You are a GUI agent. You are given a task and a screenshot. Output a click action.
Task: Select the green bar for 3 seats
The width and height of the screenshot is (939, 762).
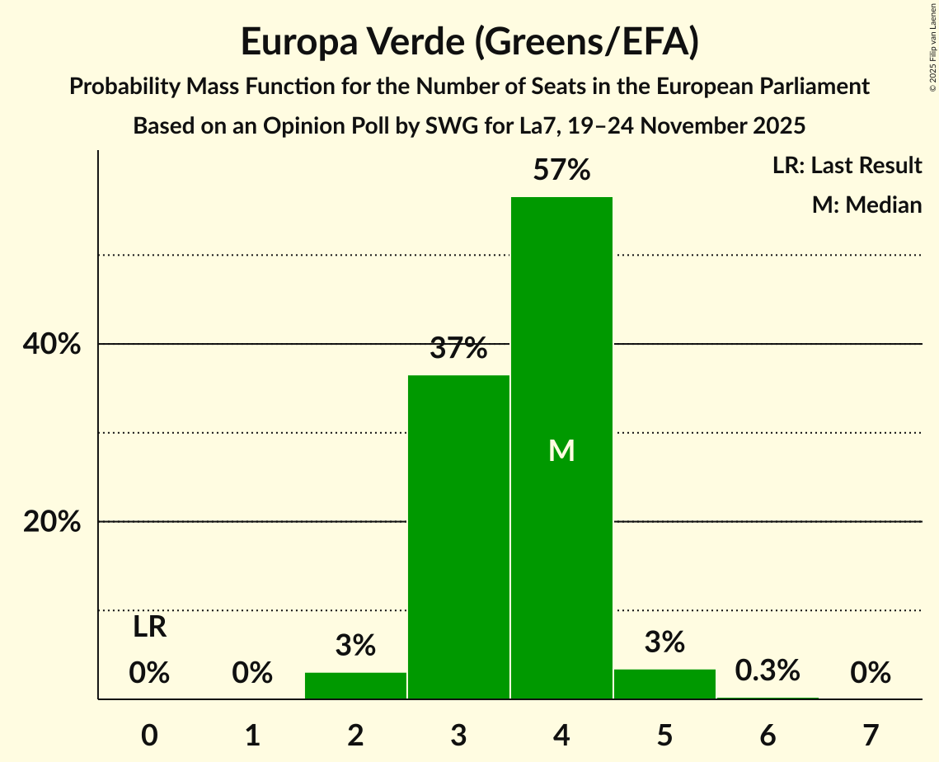(x=458, y=537)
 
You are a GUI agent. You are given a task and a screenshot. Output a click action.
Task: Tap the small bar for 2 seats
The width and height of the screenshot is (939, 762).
(x=355, y=686)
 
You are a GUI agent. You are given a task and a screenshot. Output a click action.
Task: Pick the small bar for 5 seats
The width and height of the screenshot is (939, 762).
(x=664, y=684)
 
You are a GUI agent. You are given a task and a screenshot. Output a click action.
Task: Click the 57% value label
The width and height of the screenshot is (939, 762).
(x=561, y=171)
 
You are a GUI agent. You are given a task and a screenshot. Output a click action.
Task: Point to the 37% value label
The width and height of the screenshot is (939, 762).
(x=458, y=349)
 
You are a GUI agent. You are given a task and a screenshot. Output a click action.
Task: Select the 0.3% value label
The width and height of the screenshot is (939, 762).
(x=768, y=670)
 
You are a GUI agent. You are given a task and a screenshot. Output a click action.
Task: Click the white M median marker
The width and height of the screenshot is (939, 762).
(x=561, y=450)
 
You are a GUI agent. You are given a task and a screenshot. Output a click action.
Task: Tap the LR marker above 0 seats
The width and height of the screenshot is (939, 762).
(x=149, y=628)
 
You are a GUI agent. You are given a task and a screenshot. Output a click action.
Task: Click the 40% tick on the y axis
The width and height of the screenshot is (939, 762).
(x=52, y=345)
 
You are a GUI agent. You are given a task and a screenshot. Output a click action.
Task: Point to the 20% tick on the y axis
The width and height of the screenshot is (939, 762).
(x=52, y=522)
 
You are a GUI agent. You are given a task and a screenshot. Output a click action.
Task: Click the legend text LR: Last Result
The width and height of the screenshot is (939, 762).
(x=847, y=166)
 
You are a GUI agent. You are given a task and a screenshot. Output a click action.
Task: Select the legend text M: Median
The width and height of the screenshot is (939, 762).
(x=866, y=205)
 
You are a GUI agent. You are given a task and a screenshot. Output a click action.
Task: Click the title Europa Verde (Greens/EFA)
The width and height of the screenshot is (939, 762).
(x=470, y=42)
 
